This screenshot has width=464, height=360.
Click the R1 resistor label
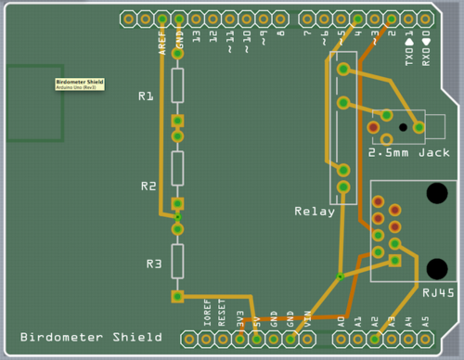click(x=146, y=96)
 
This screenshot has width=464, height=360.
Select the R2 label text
click(x=148, y=186)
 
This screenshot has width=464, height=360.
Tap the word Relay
click(x=314, y=211)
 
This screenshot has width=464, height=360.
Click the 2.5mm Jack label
click(x=408, y=152)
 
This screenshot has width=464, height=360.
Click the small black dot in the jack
click(x=403, y=126)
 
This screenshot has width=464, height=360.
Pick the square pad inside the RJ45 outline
click(x=395, y=261)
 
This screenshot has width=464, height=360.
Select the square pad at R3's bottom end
click(x=176, y=297)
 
